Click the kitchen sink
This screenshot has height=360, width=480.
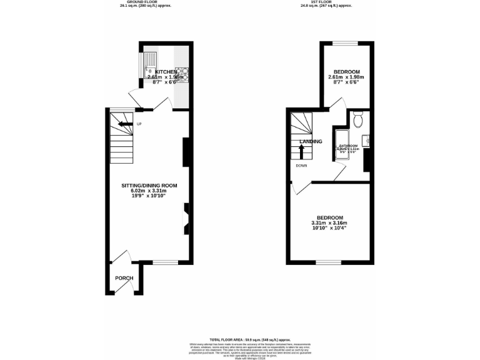(151, 64)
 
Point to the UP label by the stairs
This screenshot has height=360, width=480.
(140, 124)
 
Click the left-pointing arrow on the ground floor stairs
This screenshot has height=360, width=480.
(126, 124)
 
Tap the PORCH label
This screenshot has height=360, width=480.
(124, 278)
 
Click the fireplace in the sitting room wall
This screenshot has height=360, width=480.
(186, 218)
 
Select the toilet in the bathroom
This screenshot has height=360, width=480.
(357, 119)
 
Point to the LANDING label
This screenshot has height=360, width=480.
(311, 141)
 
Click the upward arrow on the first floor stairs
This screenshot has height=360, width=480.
(301, 149)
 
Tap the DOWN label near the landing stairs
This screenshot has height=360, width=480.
(301, 166)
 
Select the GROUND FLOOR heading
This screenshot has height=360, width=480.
(144, 2)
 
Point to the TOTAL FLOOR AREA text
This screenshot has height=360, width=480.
(239, 338)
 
